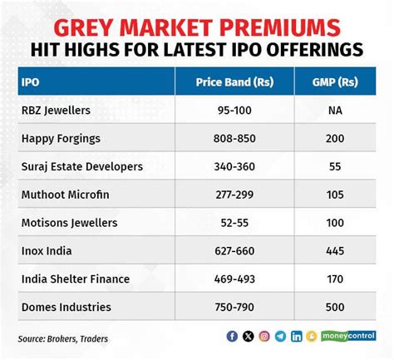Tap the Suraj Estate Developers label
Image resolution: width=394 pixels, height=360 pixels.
point(81,166)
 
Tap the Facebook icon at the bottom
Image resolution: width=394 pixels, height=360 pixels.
point(231,337)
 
